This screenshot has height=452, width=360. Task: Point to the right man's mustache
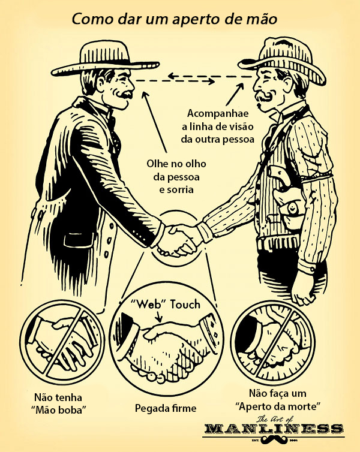point(263,97)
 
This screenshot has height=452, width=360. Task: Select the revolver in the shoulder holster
point(282,180)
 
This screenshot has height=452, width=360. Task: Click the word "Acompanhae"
point(218,113)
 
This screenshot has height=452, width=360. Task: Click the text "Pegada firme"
point(166,408)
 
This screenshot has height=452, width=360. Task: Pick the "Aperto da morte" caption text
point(278,406)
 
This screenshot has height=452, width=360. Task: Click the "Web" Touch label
point(165,305)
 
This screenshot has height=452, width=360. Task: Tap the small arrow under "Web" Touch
point(158,317)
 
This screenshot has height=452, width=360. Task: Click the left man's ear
point(101,82)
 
